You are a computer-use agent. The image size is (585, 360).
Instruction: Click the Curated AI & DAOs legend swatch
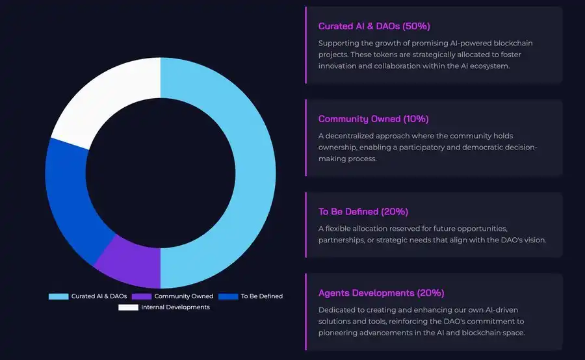pyautogui.click(x=58, y=296)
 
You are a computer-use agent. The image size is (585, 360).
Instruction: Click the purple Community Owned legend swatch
pyautogui.click(x=141, y=296)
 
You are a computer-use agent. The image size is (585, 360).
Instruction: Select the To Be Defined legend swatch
pyautogui.click(x=228, y=296)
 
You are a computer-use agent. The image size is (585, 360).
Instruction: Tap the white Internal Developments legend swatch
pyautogui.click(x=128, y=307)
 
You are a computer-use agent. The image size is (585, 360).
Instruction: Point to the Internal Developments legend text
pyautogui.click(x=175, y=307)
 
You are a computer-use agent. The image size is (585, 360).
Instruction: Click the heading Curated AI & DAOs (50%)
pyautogui.click(x=374, y=27)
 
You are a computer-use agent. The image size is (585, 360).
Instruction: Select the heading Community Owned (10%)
pyautogui.click(x=373, y=120)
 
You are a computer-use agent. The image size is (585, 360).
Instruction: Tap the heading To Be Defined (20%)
pyautogui.click(x=363, y=212)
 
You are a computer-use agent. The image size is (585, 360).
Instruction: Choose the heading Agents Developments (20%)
pyautogui.click(x=382, y=293)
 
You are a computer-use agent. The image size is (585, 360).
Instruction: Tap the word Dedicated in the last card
pyautogui.click(x=337, y=310)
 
